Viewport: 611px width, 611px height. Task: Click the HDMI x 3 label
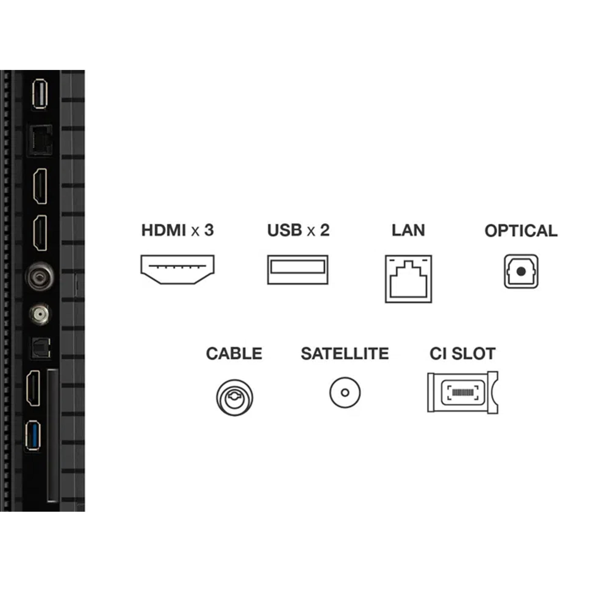click(177, 230)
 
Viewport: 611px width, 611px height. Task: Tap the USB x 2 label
click(298, 230)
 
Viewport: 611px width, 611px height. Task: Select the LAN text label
click(408, 230)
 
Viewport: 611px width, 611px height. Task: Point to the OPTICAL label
click(521, 231)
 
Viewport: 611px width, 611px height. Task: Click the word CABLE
click(234, 353)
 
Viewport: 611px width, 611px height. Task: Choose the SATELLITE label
click(345, 353)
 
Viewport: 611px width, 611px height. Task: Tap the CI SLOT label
click(462, 353)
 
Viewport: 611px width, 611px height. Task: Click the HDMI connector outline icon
click(177, 269)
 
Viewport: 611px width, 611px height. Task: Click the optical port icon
click(521, 271)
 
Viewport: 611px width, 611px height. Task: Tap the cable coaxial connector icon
click(234, 397)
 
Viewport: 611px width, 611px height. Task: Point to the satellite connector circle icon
click(345, 393)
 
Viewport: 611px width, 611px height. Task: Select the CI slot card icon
click(462, 393)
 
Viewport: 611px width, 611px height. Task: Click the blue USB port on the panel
click(34, 435)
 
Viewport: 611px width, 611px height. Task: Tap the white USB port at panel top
click(40, 94)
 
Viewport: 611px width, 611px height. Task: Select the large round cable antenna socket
click(39, 277)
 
